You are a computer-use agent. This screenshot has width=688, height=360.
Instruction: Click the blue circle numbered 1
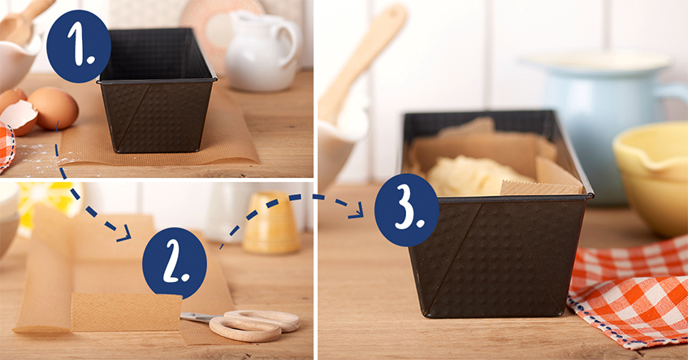pyautogui.click(x=79, y=46)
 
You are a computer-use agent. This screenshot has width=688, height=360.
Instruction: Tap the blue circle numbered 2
pyautogui.click(x=175, y=263)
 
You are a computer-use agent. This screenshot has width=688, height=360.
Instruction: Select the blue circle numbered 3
pyautogui.click(x=407, y=210)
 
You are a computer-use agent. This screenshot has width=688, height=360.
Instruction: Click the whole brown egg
pyautogui.click(x=54, y=108)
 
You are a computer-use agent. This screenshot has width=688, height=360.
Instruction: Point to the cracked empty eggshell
pyautogui.click(x=19, y=117)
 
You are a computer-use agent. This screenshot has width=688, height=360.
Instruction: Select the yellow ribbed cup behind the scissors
pyautogui.click(x=271, y=223)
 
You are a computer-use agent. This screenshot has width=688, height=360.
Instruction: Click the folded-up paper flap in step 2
pyautogui.click(x=127, y=312)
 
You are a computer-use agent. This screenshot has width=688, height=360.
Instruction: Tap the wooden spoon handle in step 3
pyautogui.click(x=361, y=62)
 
